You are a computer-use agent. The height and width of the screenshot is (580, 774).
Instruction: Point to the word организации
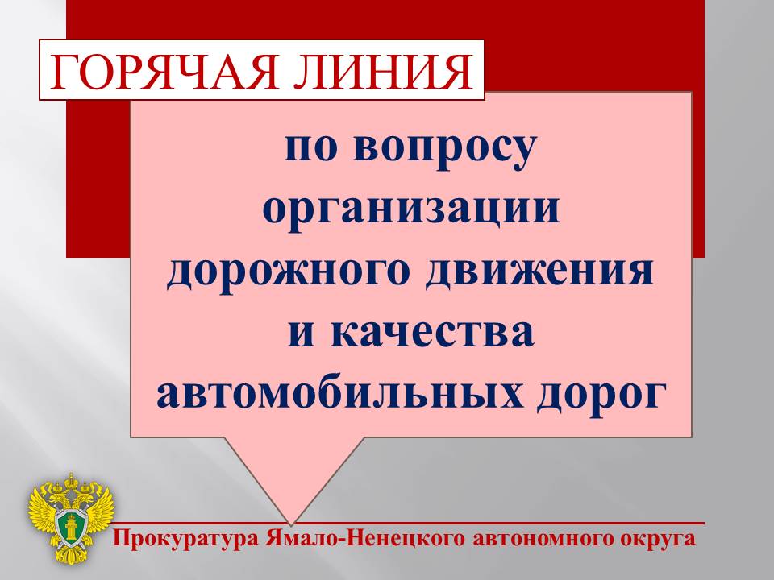411,209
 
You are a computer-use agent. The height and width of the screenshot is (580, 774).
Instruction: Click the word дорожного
289,271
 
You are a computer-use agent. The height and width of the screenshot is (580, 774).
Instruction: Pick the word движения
539,271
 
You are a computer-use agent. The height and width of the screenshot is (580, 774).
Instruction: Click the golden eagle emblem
71,518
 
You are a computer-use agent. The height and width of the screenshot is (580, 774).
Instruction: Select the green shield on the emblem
72,526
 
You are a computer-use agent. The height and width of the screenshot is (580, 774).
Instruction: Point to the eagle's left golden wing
43,508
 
